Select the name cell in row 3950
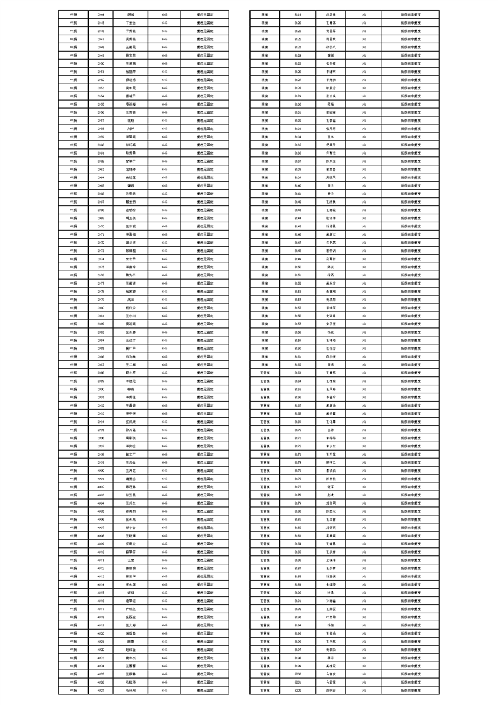click(131, 63)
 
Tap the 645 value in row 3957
click(164, 119)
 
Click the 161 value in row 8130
click(364, 104)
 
